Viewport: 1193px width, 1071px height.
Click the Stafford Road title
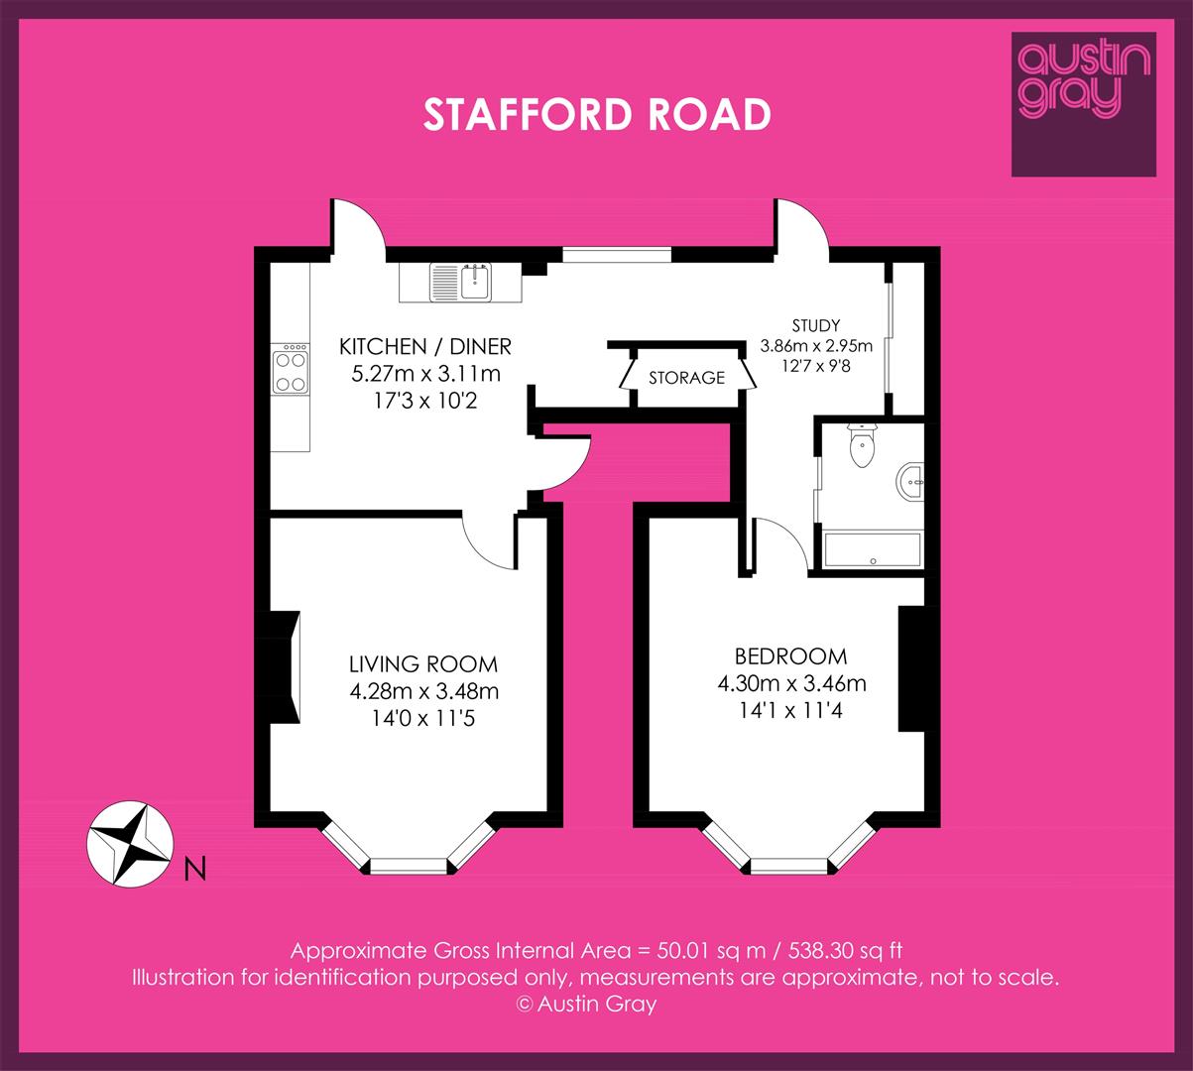[x=597, y=114]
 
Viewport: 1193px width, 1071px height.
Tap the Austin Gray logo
[x=1084, y=104]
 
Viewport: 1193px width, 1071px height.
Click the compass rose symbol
[x=130, y=844]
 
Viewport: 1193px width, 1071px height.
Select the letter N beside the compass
[x=195, y=869]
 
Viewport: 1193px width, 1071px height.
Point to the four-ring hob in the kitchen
[x=291, y=369]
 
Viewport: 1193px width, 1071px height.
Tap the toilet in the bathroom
[x=862, y=445]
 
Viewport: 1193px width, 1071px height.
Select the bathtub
[x=872, y=550]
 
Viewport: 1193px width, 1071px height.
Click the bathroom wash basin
[x=910, y=482]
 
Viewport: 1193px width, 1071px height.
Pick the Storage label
[x=686, y=378]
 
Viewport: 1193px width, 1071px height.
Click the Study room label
[x=815, y=325]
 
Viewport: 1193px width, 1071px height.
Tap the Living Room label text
[x=423, y=664]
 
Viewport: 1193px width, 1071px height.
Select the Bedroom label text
[x=790, y=655]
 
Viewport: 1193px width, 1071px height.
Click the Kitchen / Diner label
[x=425, y=346]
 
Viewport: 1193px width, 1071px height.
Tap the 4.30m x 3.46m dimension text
[x=791, y=683]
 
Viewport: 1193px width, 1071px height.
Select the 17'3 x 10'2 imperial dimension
[x=425, y=401]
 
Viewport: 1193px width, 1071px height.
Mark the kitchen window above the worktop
[x=617, y=254]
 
